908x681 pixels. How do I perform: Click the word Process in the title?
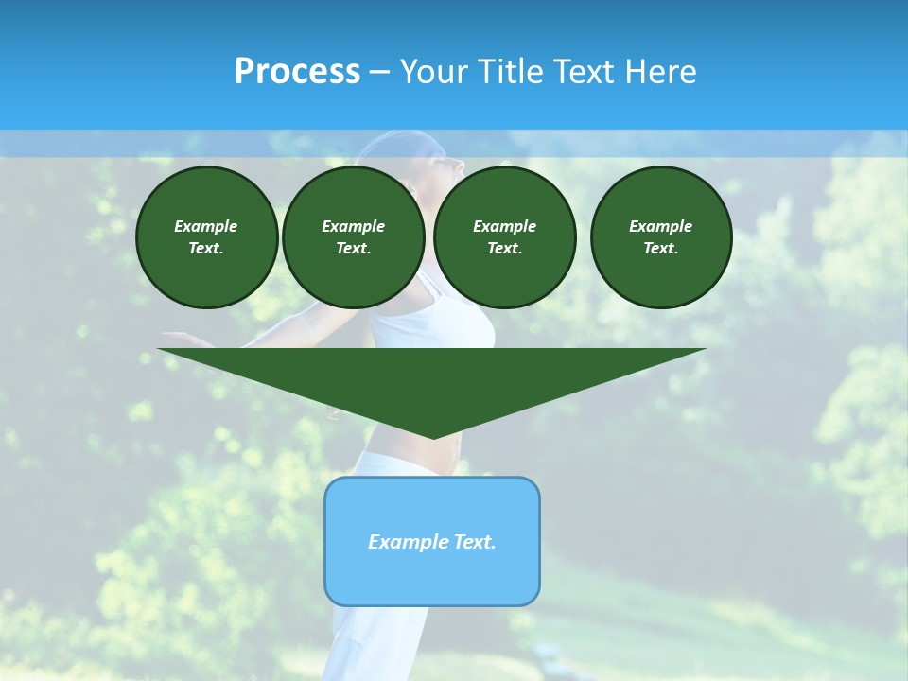[297, 72]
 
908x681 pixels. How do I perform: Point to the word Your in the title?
[431, 72]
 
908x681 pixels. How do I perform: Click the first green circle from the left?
[207, 237]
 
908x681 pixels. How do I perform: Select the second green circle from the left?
[354, 237]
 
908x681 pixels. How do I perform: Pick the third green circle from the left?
[505, 237]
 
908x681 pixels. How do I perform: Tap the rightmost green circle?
[661, 237]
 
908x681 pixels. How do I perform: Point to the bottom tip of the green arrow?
[433, 437]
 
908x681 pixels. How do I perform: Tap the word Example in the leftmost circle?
[206, 226]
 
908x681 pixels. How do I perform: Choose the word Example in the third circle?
[504, 226]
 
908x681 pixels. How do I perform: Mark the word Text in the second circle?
[352, 249]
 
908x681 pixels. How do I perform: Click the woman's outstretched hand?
[180, 338]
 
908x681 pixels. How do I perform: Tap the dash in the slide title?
[380, 73]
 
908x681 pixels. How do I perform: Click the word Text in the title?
[579, 72]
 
